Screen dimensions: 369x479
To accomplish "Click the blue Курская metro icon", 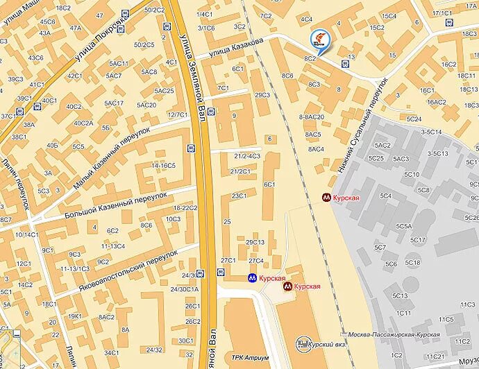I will coord(253,277).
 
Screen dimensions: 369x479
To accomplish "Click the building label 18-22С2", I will coord(186,207).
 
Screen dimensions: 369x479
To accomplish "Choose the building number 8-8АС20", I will coord(312,117).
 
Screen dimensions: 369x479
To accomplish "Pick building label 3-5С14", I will coord(430,132).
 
